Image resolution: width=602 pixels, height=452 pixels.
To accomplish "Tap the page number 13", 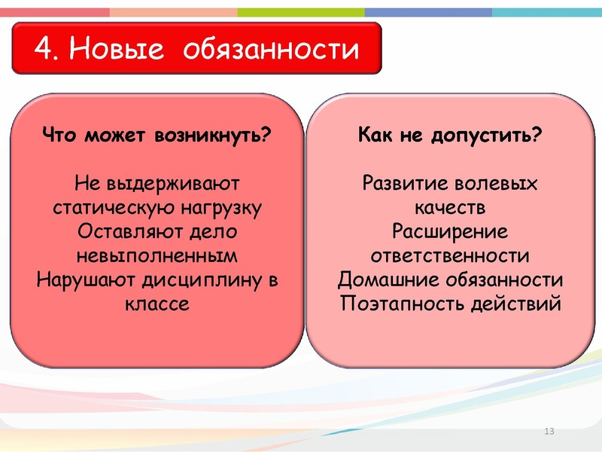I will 548,431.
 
